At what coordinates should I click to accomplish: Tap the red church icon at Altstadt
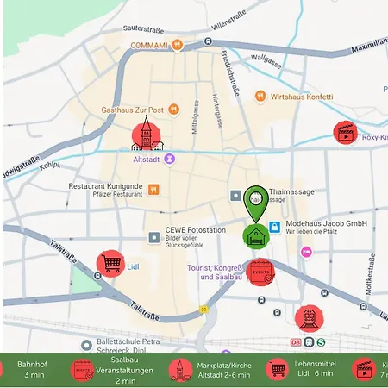[x=145, y=135]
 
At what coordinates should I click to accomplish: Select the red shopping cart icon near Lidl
[x=110, y=263]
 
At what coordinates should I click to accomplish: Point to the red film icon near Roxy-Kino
[x=347, y=133]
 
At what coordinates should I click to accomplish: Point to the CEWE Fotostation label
[x=195, y=231]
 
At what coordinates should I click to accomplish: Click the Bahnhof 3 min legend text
[x=34, y=370]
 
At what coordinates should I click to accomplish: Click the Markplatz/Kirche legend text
[x=223, y=370]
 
